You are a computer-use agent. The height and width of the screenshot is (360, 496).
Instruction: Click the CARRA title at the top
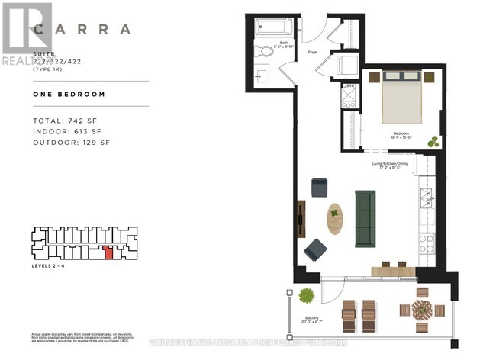[82, 30]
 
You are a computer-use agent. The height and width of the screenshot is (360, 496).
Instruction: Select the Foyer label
[312, 53]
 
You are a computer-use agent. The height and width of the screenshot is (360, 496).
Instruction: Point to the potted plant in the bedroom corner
[433, 142]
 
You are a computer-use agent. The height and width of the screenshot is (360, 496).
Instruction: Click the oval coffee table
[334, 219]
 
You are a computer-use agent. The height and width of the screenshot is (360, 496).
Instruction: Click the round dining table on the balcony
[421, 310]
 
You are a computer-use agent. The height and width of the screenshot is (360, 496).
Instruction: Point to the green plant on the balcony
[307, 296]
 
